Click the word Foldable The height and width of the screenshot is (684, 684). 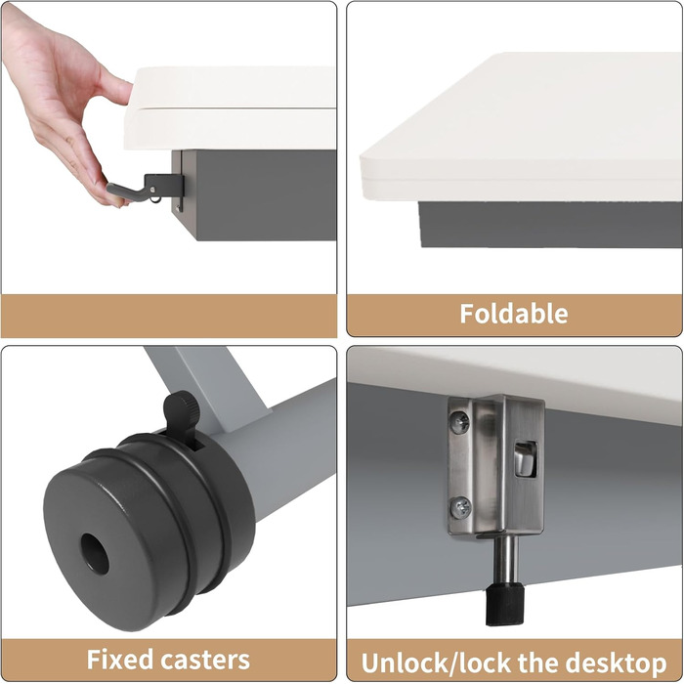coord(514,314)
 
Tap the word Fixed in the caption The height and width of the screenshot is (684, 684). coord(120,660)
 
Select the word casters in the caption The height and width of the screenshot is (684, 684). coord(205,660)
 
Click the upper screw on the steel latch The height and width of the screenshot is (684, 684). coord(460,423)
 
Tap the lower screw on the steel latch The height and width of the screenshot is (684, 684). coord(460,508)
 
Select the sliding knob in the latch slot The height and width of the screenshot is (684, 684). coord(525,460)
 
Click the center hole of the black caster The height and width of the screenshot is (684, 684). coord(95,554)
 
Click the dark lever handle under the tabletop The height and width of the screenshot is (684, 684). coord(125,192)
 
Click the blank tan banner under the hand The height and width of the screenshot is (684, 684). coord(169,316)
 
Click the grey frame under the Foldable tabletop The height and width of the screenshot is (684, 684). coord(550,225)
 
